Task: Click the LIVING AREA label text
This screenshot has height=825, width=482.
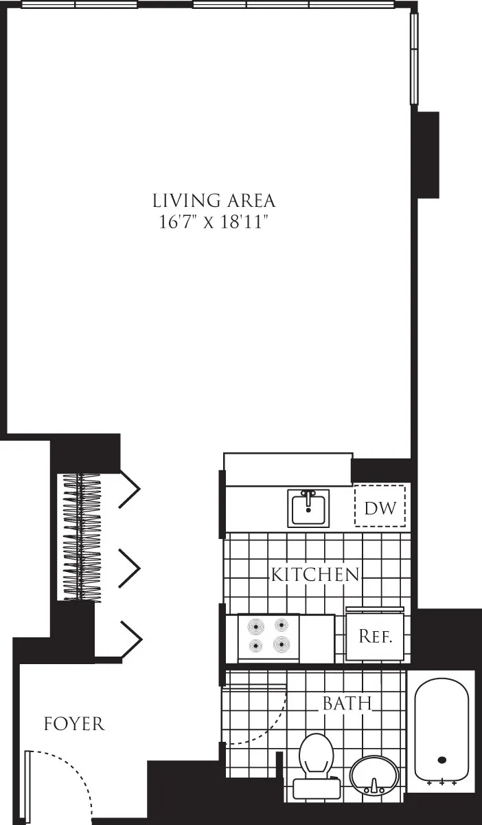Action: [x=214, y=201]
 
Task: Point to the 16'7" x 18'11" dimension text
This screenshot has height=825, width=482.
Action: [x=214, y=222]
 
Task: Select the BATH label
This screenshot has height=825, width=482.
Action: [x=347, y=703]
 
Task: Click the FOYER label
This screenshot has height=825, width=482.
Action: [x=74, y=724]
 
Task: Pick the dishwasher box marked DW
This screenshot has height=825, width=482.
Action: [x=380, y=507]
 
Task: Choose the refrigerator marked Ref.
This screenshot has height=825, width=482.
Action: [x=375, y=636]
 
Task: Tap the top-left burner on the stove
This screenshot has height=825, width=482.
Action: [x=256, y=626]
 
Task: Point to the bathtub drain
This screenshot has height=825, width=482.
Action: [x=442, y=760]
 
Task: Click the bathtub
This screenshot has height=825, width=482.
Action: [x=441, y=729]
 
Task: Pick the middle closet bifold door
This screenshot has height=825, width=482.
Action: [x=130, y=568]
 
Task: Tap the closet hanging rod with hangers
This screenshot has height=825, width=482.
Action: [x=82, y=536]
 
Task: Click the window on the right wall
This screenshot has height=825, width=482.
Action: [x=414, y=58]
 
